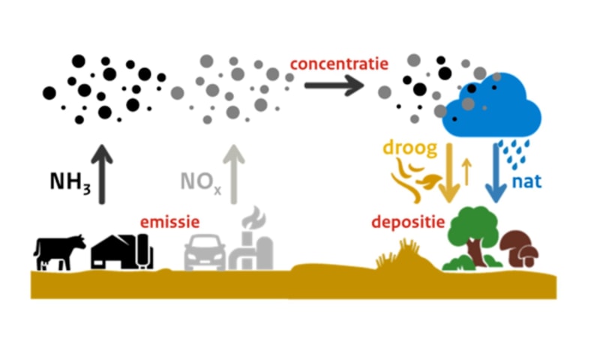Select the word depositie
coord(408,223)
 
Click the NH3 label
coord(70,182)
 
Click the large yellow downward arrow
coord(449,172)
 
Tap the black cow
coord(59,251)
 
